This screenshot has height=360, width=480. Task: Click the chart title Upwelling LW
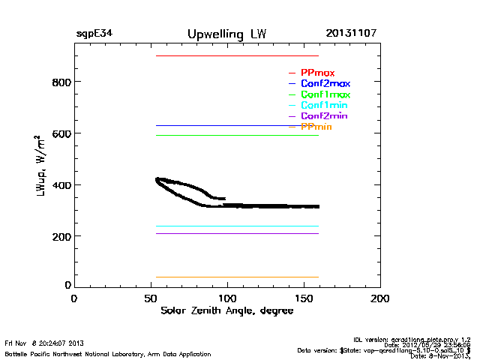coord(226,34)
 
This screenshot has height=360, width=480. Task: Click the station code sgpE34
coord(94,34)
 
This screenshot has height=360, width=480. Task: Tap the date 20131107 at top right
coord(351,34)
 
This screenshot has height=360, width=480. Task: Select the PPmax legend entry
coord(317,73)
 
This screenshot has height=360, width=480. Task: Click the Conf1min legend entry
coord(323,105)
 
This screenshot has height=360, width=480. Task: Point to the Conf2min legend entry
coord(323,116)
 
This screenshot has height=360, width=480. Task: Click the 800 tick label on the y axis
coord(60,82)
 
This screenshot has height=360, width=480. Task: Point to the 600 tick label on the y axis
coord(60,133)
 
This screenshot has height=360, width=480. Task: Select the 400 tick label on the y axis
coord(60,185)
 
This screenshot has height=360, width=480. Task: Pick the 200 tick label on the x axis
coord(380,298)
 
